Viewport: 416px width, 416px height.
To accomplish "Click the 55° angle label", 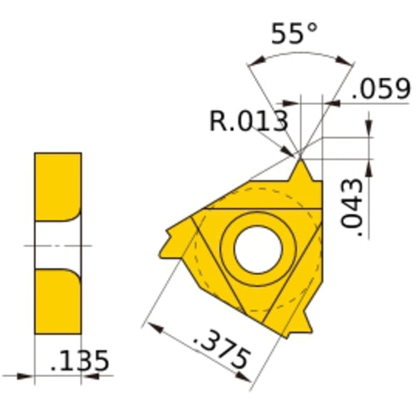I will tap(295, 36).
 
